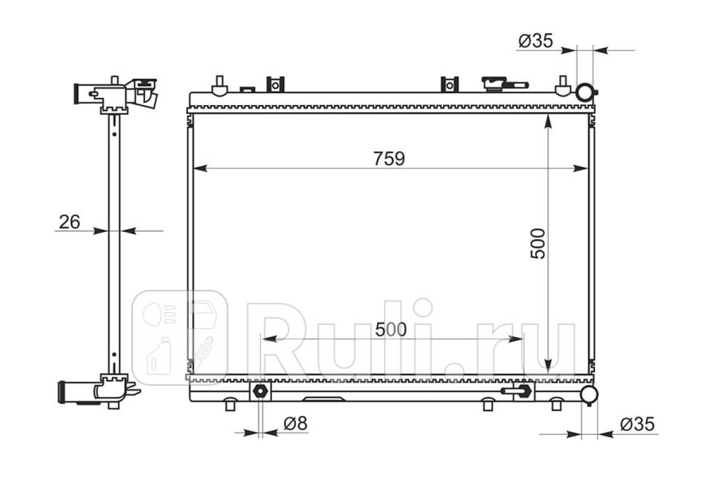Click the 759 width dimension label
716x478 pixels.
pos(389,158)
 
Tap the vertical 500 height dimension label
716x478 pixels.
pos(538,244)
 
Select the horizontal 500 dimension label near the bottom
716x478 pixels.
pos(391,329)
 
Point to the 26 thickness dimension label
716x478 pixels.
pos(69,222)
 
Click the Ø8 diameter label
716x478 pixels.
pos(295,424)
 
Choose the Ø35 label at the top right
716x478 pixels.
pos(536,41)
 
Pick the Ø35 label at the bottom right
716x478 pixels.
pos(637,425)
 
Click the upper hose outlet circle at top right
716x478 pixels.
pos(585,92)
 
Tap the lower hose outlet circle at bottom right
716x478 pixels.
pos(589,394)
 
